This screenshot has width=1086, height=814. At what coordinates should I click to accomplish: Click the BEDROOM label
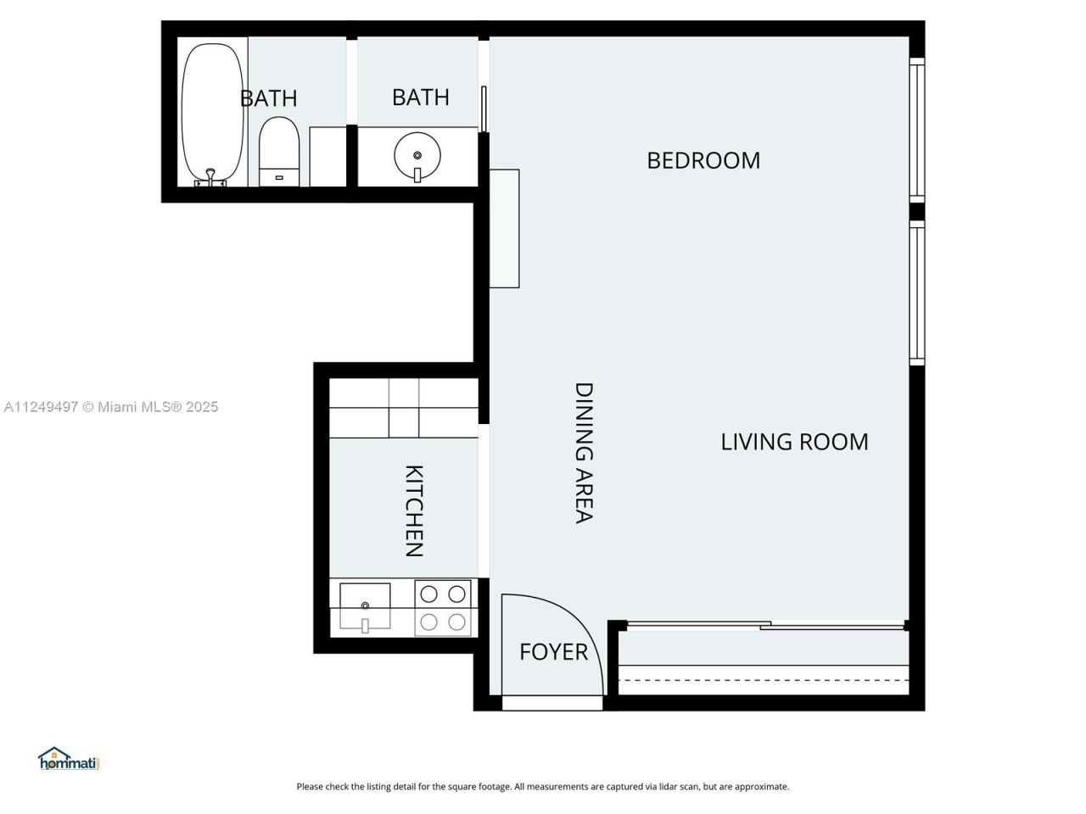click(x=703, y=160)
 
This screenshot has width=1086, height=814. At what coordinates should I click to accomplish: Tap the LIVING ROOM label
click(x=794, y=442)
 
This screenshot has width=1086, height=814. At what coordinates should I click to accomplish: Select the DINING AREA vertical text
click(x=584, y=453)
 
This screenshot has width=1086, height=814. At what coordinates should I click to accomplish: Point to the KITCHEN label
click(x=413, y=510)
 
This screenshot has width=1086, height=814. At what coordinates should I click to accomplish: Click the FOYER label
click(x=553, y=652)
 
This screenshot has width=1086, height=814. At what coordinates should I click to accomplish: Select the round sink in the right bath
click(x=417, y=154)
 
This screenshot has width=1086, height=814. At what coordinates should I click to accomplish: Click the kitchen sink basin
click(x=365, y=605)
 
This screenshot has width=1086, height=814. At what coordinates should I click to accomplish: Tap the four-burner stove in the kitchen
click(x=443, y=608)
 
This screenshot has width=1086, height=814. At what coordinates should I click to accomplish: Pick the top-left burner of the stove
click(x=429, y=594)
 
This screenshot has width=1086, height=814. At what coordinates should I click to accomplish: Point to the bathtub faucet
click(x=210, y=176)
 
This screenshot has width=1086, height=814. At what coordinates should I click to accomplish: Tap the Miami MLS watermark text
click(x=111, y=407)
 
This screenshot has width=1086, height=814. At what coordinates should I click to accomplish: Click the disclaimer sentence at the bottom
click(x=543, y=787)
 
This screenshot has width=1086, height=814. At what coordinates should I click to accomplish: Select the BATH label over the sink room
click(x=420, y=98)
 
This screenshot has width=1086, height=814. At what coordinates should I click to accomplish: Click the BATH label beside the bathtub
click(x=269, y=98)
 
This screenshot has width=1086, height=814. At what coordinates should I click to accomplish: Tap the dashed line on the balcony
click(x=764, y=680)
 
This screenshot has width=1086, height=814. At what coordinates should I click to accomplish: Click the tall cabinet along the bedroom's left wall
click(x=504, y=228)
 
